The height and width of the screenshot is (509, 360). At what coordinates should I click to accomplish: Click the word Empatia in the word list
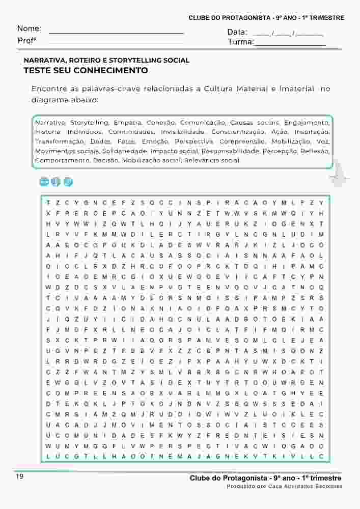(x=127, y=123)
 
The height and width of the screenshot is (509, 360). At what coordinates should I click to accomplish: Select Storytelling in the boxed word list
(x=89, y=123)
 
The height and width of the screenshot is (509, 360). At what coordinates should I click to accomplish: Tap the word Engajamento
(x=307, y=123)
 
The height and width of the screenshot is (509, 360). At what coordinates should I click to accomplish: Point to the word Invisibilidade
(x=179, y=132)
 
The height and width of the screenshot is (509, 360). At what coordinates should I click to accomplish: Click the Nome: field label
(x=29, y=29)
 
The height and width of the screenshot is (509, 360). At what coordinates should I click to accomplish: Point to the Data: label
(x=237, y=32)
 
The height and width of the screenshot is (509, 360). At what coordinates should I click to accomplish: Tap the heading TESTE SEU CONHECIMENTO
(x=86, y=70)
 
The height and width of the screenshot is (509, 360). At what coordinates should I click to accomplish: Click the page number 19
(x=20, y=477)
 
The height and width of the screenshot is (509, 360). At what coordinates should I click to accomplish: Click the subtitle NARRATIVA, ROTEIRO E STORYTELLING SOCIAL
(x=106, y=60)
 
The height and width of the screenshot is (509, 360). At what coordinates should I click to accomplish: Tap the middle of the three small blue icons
(x=56, y=182)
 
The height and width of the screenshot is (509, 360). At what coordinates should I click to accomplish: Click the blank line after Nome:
(x=116, y=32)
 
